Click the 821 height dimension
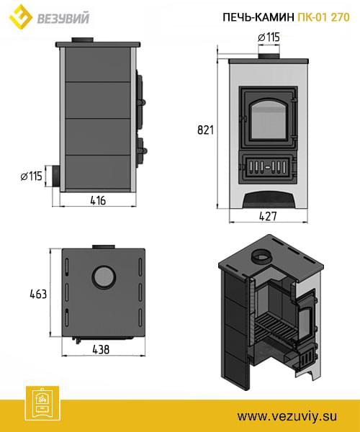tap(205, 130)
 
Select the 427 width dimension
tap(268, 216)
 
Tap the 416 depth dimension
tap(98, 200)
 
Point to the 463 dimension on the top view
tap(38, 294)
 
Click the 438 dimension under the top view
tap(101, 349)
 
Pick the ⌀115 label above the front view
tap(269, 37)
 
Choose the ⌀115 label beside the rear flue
tap(32, 176)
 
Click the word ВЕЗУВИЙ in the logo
tap(63, 19)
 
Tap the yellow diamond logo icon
tap(20, 17)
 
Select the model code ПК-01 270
tap(324, 17)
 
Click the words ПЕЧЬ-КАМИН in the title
tap(258, 17)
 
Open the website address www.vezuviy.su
tap(287, 416)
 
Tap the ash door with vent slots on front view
tap(268, 167)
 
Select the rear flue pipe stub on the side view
tap(55, 176)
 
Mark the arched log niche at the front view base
tap(269, 199)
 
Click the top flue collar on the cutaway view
tap(261, 256)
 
